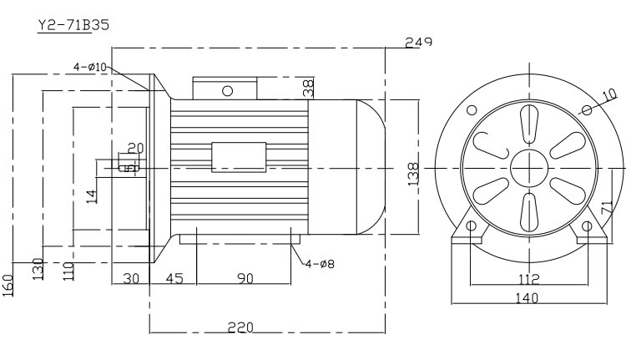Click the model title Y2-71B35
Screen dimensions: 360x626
click(x=73, y=25)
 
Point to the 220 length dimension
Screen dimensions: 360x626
click(x=241, y=329)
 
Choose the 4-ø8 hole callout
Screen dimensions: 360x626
click(x=320, y=265)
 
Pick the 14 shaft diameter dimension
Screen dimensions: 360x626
click(x=93, y=197)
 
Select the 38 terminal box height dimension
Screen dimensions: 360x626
click(x=308, y=86)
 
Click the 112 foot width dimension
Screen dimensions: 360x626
click(x=527, y=280)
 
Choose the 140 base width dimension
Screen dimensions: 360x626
click(x=526, y=297)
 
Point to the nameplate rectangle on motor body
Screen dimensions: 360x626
click(x=238, y=157)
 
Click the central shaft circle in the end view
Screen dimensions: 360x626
click(x=527, y=168)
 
